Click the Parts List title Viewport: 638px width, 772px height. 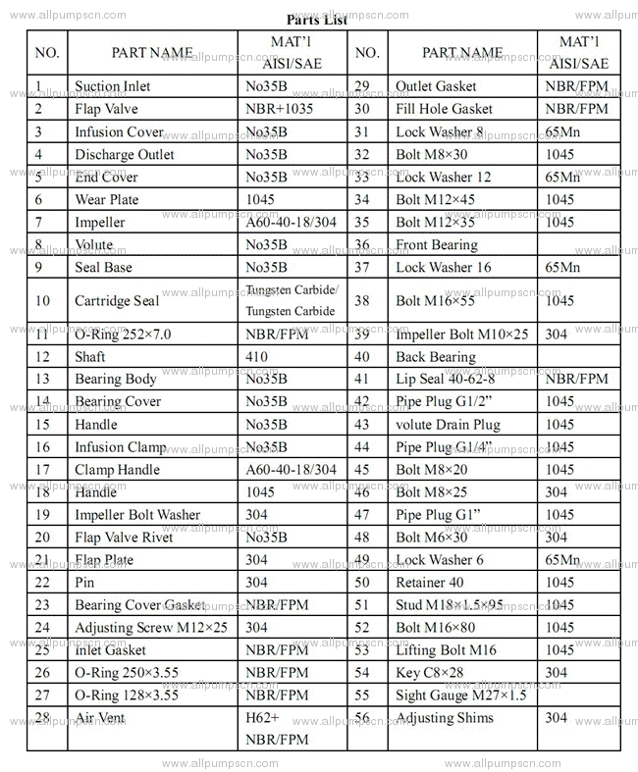pos(317,20)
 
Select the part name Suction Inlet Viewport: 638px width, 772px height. pos(113,86)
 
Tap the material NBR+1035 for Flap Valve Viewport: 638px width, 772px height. pos(279,109)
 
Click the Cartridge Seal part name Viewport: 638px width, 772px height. pos(117,301)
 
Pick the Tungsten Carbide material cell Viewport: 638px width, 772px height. pos(292,301)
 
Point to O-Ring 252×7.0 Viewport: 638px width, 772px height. pos(123,335)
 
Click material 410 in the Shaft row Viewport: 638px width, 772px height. pos(256,357)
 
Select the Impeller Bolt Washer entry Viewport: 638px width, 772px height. pos(137,515)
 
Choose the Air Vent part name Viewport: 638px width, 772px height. pos(99,717)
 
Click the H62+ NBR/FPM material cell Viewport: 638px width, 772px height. pos(279,728)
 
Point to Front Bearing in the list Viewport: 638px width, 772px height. pos(436,244)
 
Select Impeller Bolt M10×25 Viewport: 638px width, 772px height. pos(461,335)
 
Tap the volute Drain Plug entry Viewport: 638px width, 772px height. pos(448,425)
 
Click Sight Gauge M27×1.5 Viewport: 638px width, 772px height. pos(461,695)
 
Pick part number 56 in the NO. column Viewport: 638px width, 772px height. pos(362,718)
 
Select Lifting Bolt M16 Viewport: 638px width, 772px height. pos(446,650)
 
